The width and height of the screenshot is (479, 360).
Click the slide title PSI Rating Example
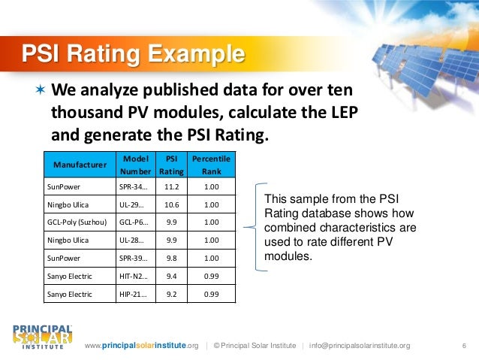tap(132, 55)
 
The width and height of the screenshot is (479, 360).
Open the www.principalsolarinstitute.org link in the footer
tap(142, 346)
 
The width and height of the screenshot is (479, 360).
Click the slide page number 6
tap(464, 346)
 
